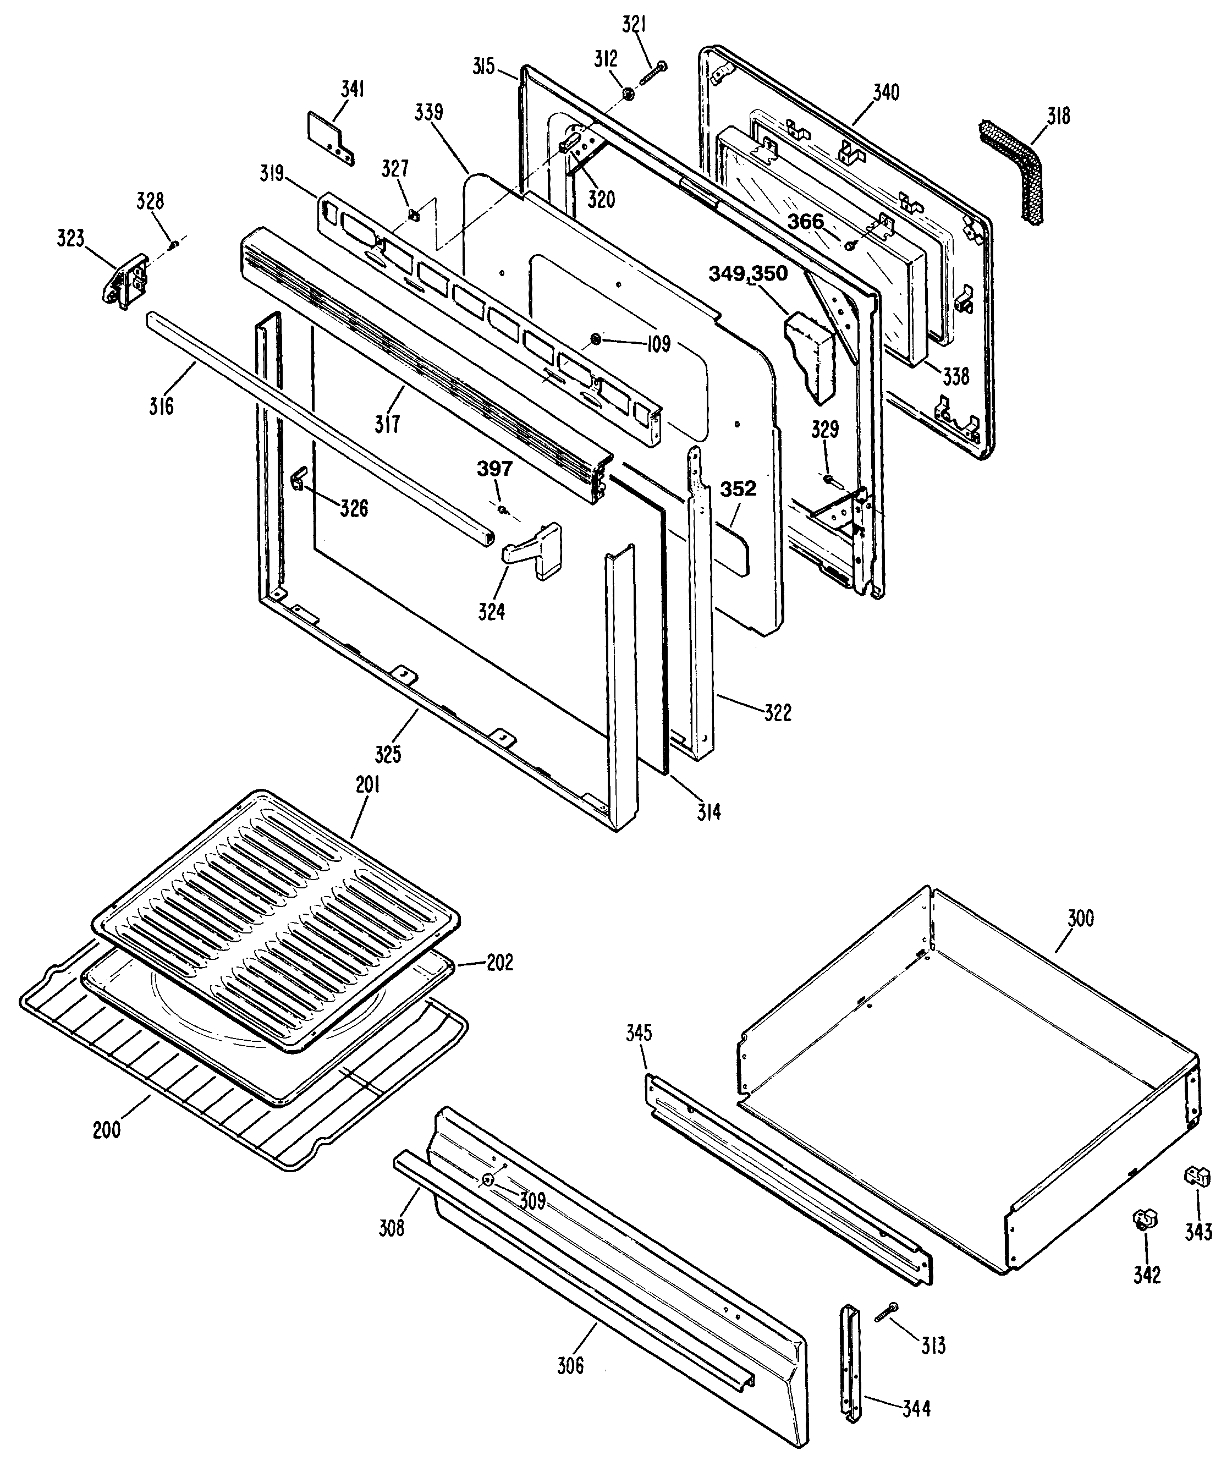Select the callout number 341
353,90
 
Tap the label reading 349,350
748,274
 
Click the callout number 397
494,469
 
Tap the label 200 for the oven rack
107,1129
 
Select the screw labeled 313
885,1312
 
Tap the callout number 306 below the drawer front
570,1365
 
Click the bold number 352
738,489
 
